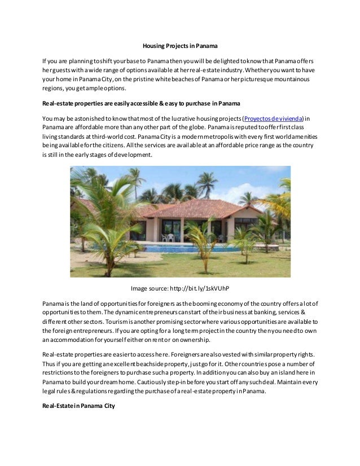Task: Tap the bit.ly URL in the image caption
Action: (x=200, y=288)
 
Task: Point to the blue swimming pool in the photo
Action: (x=186, y=249)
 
